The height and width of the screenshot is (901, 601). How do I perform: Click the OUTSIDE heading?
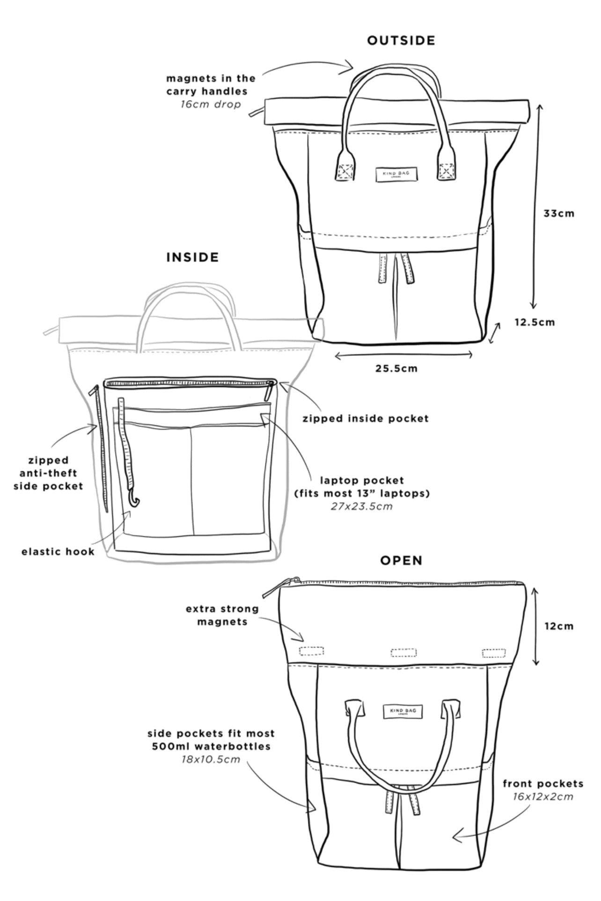click(401, 41)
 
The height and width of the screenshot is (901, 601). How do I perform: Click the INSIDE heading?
click(192, 257)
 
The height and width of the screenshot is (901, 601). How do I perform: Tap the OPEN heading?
click(401, 560)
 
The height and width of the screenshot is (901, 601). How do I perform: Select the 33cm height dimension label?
click(558, 214)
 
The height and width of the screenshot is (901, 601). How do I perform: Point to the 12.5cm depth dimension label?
click(535, 322)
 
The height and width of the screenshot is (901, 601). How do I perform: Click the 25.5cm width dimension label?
click(396, 368)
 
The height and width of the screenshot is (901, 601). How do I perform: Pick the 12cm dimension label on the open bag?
click(559, 626)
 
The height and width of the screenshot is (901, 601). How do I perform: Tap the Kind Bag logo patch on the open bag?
click(402, 711)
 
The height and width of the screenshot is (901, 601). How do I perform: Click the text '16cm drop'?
click(211, 104)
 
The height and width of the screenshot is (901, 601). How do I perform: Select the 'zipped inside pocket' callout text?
click(366, 418)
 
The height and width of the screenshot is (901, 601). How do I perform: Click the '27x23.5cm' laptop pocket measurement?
click(361, 506)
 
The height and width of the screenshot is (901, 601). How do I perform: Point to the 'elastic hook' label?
click(58, 552)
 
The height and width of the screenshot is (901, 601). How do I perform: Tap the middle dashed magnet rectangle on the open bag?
click(403, 652)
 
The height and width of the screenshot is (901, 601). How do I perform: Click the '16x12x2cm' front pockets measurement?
click(542, 797)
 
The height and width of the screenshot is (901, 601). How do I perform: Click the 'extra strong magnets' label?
click(222, 615)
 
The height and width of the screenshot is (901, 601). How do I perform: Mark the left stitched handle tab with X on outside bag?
click(345, 172)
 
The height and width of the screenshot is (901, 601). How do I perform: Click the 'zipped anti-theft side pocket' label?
click(48, 473)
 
